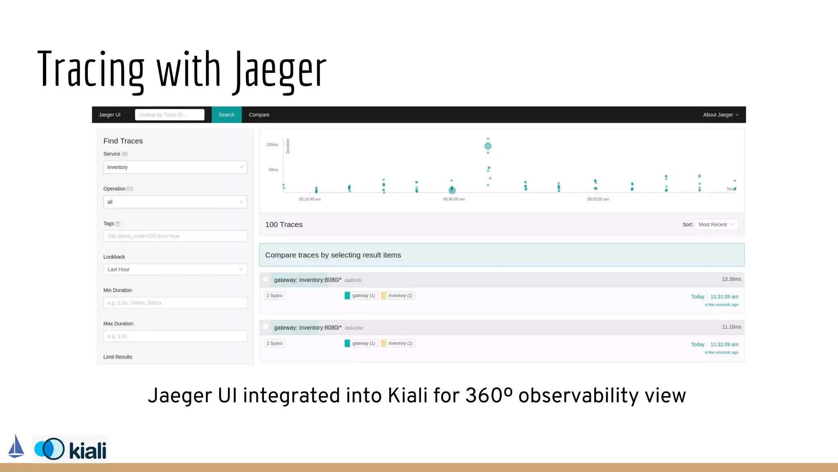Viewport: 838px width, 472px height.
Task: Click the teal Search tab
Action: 226,115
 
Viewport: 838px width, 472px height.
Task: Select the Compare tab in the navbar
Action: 259,115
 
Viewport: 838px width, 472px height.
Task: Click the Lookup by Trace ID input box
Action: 169,115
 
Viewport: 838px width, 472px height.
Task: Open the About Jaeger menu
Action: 720,115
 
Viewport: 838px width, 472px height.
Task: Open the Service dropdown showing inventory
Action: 175,167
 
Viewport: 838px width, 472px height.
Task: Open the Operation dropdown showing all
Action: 175,202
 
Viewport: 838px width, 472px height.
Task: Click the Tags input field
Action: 175,236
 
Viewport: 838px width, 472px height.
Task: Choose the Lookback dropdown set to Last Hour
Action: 175,269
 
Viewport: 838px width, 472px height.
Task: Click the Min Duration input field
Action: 175,303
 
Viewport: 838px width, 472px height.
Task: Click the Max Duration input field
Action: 175,336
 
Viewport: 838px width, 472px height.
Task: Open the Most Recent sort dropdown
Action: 716,225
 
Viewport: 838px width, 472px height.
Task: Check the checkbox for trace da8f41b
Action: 266,279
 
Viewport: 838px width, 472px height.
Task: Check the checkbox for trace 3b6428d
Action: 266,327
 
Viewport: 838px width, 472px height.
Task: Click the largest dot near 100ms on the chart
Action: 488,146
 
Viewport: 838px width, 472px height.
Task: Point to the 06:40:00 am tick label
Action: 454,199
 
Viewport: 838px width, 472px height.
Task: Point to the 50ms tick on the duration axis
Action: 273,170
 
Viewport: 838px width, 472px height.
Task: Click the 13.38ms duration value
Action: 731,279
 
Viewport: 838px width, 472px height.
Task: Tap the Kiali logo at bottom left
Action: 70,449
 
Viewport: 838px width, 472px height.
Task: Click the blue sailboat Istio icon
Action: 16,447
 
